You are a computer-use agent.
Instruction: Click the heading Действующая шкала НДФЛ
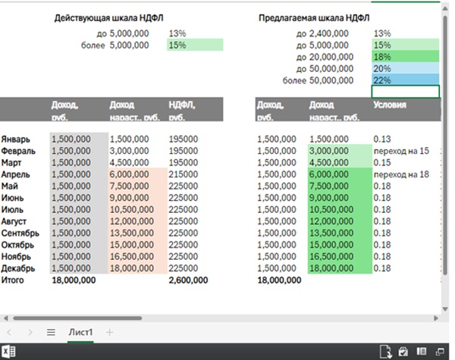pos(109,17)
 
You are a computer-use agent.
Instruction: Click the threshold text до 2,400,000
pos(323,34)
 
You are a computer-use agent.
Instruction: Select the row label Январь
pos(16,139)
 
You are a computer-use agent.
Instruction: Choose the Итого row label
pos(14,280)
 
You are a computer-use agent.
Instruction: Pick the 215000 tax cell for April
pos(183,174)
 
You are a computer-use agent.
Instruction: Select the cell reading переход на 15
pos(400,151)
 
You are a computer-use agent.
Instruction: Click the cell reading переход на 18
pos(400,174)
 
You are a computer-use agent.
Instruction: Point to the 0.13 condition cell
pos(382,139)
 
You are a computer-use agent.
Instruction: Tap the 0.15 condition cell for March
pos(382,163)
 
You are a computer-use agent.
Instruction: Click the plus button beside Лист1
pos(109,332)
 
